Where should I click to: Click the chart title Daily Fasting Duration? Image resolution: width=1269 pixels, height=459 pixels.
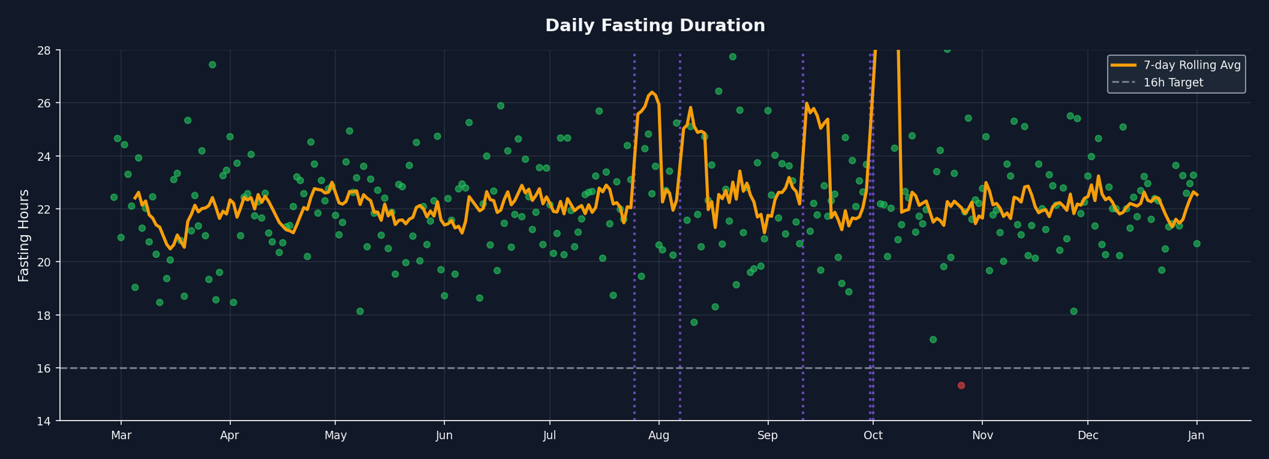[655, 26]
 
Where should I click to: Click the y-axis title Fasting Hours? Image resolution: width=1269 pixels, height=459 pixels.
[24, 235]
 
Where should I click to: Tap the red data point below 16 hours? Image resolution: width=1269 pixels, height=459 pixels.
[961, 385]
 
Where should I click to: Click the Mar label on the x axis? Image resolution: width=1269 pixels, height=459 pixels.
[121, 436]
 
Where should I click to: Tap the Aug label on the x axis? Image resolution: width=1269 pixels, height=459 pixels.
[658, 436]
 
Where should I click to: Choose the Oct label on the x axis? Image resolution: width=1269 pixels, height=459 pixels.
[873, 436]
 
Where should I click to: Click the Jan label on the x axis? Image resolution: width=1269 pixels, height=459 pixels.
[1196, 436]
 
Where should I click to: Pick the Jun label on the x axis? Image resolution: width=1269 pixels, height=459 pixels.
[444, 436]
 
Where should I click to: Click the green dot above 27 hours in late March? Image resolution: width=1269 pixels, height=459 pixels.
[212, 65]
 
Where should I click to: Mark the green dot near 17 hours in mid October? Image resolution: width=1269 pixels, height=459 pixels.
[933, 340]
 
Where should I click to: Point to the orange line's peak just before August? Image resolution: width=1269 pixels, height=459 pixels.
[652, 92]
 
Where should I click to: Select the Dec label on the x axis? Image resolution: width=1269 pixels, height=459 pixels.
[1088, 436]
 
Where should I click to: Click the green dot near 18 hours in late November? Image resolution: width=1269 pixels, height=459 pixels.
[1073, 311]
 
